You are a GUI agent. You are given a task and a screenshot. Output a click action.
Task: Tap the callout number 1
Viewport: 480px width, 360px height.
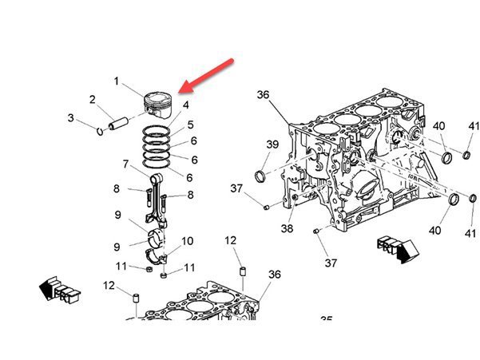[116, 81]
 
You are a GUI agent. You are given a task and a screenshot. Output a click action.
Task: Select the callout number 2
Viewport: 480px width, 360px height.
[93, 100]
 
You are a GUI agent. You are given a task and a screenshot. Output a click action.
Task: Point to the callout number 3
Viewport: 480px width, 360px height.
[70, 118]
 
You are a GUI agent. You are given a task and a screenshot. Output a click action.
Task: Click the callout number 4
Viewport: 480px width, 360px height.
[185, 105]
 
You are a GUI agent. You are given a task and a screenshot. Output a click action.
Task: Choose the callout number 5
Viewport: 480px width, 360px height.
[190, 125]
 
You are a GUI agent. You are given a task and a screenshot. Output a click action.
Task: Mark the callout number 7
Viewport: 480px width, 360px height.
[125, 164]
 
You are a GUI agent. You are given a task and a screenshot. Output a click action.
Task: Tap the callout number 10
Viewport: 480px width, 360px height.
[187, 241]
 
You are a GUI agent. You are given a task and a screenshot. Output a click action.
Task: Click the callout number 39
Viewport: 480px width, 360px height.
[272, 144]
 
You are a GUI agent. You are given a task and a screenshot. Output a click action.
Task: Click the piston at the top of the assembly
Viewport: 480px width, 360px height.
[157, 104]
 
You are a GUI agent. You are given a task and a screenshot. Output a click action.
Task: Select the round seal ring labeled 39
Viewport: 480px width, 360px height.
[261, 175]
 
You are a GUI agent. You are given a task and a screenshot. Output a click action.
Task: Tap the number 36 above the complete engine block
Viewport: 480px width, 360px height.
[264, 95]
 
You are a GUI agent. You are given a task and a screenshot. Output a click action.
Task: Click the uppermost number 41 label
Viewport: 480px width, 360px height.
[474, 126]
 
